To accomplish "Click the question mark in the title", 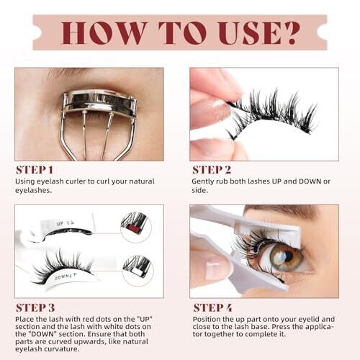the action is point(291,33).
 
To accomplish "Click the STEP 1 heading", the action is point(35,170).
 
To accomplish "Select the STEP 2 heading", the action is point(212,170).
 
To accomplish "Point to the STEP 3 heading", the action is point(35,308).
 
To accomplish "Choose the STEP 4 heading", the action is point(212,308).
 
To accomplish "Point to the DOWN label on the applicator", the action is point(61,279).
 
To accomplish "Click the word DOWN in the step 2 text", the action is point(310,181).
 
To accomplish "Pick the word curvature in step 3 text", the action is point(65,348).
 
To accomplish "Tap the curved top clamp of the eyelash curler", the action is point(99,99).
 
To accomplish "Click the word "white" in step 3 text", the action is point(108,326).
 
